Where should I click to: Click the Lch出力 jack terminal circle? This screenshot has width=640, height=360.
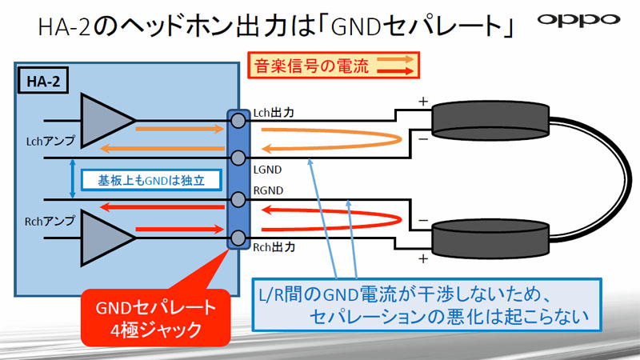click(238, 121)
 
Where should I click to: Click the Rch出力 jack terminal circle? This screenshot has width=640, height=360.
click(238, 238)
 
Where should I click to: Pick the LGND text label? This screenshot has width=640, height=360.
click(266, 170)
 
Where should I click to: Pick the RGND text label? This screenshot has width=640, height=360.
click(266, 190)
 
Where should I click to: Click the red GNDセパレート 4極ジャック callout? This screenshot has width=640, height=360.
click(151, 318)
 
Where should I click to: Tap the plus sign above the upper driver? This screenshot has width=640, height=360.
click(422, 102)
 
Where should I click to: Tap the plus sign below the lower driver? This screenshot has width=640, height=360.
click(422, 258)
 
